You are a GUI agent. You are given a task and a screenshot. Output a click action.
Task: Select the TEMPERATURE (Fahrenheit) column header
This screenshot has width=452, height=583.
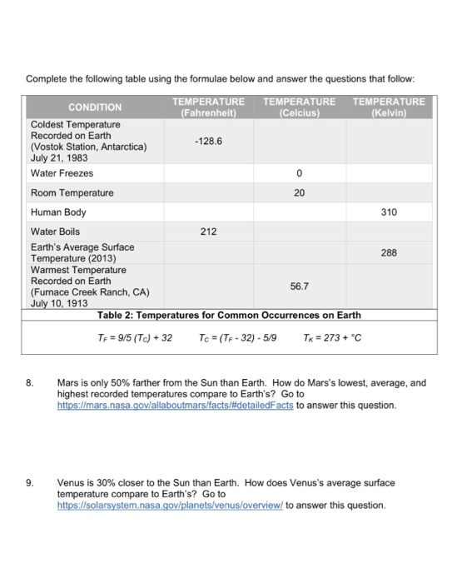coord(208,107)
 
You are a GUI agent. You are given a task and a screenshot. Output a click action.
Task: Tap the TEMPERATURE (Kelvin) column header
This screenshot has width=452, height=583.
coord(389,107)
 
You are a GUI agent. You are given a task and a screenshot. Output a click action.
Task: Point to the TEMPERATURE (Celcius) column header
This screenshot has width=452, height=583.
coord(299,107)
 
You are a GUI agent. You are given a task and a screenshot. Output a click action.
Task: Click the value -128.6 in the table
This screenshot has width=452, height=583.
coord(208,142)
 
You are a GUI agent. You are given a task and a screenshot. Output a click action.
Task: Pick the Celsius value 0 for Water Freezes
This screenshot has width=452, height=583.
coord(299,173)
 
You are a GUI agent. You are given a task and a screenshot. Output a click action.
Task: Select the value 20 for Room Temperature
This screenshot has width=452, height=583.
coord(299,192)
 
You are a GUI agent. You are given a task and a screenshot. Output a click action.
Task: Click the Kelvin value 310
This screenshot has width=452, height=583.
coord(389,212)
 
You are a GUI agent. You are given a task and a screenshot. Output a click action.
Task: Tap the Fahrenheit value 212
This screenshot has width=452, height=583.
coord(208,232)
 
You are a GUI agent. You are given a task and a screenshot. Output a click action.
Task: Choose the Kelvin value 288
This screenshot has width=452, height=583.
coord(389,252)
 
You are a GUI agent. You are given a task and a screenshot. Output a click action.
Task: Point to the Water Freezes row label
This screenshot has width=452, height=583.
coord(62,173)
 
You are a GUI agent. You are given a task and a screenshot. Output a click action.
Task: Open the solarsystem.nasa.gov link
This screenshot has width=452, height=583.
coord(170,505)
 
